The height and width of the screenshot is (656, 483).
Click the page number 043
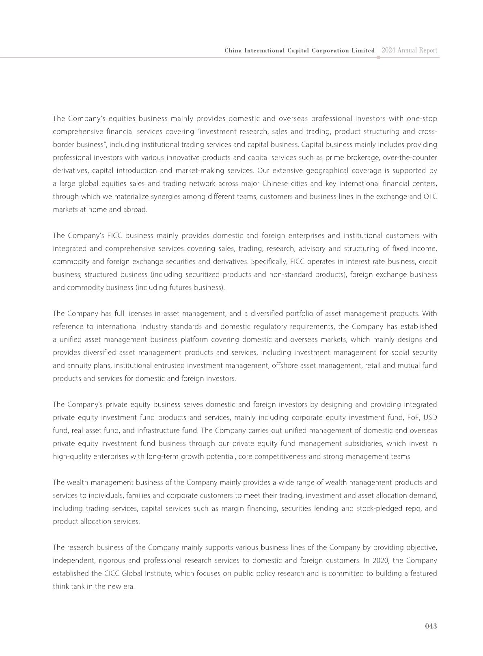431,626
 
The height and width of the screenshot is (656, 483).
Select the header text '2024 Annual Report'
409,50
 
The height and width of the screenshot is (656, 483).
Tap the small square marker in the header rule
378,58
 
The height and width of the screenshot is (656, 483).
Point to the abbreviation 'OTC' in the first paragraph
430,197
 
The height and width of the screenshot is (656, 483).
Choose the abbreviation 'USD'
430,418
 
